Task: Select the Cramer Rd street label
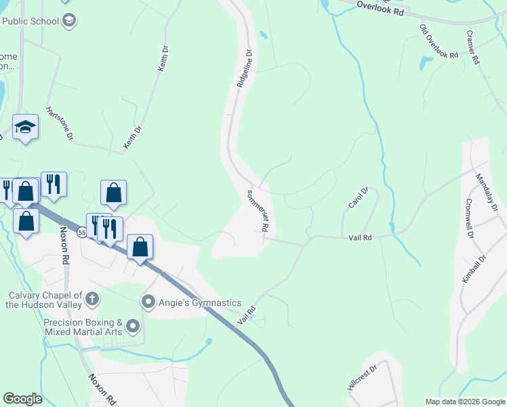pyautogui.click(x=472, y=47)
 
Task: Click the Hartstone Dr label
pyautogui.click(x=59, y=123)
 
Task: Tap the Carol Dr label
pyautogui.click(x=357, y=198)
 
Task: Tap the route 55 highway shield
pyautogui.click(x=81, y=233)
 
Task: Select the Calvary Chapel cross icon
pyautogui.click(x=93, y=298)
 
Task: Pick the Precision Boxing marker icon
pyautogui.click(x=133, y=326)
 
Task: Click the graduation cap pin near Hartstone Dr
pyautogui.click(x=25, y=126)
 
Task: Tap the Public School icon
pyautogui.click(x=68, y=21)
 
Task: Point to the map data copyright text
pyautogui.click(x=465, y=402)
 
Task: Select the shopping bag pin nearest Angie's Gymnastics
pyautogui.click(x=140, y=246)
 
